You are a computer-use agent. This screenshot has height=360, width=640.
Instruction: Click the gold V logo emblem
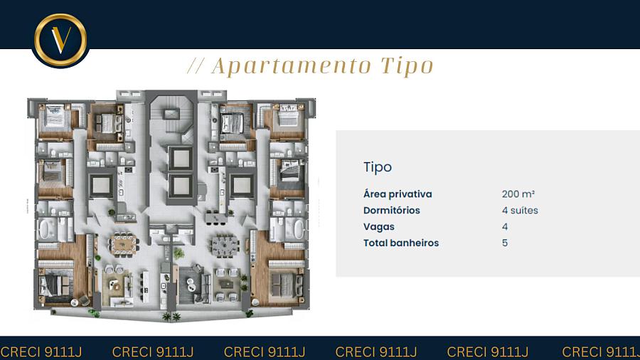click(60, 40)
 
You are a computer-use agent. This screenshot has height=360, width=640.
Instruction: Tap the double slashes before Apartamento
click(196, 66)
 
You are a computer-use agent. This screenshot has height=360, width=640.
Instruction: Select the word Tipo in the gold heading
click(407, 66)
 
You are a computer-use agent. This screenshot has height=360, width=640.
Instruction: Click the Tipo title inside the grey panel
click(378, 167)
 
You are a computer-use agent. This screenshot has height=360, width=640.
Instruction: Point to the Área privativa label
click(398, 194)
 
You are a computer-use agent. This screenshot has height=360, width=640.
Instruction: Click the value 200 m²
click(518, 194)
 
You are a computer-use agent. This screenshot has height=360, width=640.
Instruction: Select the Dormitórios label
click(391, 210)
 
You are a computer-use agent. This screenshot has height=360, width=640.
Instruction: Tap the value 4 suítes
click(520, 210)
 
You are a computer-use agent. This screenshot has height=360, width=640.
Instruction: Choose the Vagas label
click(379, 227)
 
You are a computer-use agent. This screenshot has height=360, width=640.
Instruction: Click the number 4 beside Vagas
click(505, 226)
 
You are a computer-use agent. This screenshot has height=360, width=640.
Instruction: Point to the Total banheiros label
click(401, 243)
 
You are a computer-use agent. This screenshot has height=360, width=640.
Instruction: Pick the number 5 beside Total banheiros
click(505, 243)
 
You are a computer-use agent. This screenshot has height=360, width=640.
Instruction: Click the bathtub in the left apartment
click(43, 229)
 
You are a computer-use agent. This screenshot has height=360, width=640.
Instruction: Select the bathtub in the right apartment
click(299, 229)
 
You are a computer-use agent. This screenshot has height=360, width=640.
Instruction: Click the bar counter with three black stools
click(215, 218)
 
